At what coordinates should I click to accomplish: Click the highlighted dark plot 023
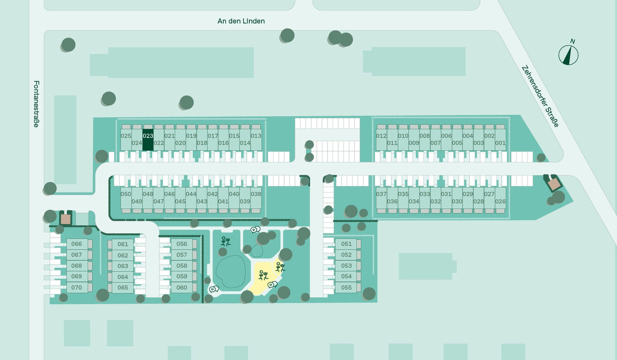(x=148, y=140)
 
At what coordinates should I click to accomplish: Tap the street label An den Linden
(x=241, y=21)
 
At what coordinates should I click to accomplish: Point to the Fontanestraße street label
(x=37, y=104)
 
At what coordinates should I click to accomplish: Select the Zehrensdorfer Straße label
(x=540, y=96)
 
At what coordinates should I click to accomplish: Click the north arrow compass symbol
(x=568, y=54)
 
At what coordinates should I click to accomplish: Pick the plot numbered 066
(x=77, y=244)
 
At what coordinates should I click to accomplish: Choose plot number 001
(x=500, y=140)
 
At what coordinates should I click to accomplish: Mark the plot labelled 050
(x=126, y=198)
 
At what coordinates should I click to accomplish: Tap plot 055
(x=346, y=287)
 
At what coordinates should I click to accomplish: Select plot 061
(x=122, y=244)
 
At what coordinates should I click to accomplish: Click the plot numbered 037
(x=382, y=198)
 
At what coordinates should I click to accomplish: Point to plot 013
(x=256, y=140)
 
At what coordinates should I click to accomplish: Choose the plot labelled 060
(x=182, y=287)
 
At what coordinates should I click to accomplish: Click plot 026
(x=500, y=198)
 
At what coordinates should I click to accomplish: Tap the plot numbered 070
(x=77, y=287)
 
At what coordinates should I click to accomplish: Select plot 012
(x=382, y=140)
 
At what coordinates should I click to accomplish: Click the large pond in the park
(x=231, y=272)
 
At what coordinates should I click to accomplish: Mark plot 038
(x=256, y=198)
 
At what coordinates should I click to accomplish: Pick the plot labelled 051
(x=346, y=244)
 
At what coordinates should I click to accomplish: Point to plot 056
(x=182, y=244)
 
